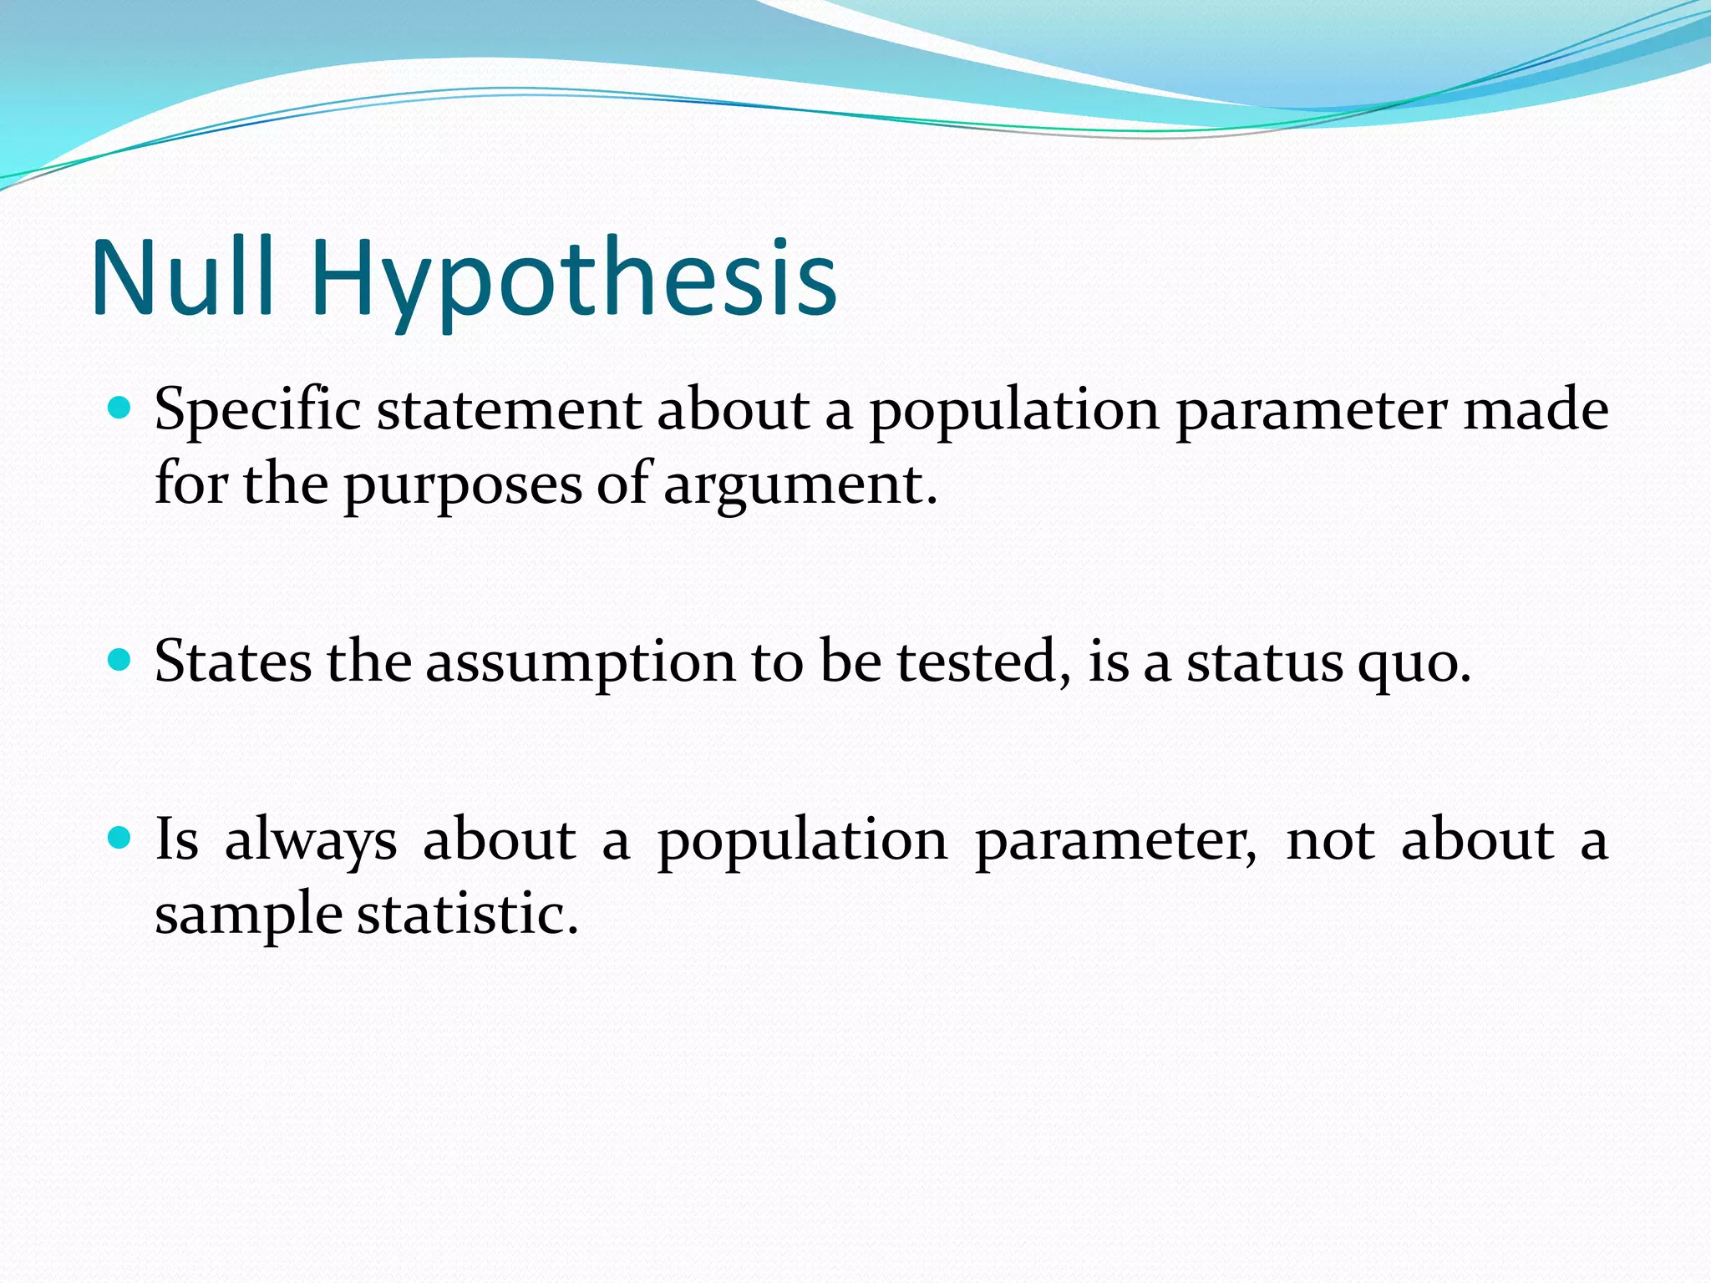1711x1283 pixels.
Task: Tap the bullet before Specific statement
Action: click(120, 408)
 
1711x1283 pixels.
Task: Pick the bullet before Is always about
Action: click(120, 838)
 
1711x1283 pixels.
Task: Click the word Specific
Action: click(257, 411)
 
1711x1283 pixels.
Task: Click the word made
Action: click(1536, 411)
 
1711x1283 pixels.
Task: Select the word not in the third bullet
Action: click(1330, 841)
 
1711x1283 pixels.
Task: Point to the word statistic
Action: click(468, 914)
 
